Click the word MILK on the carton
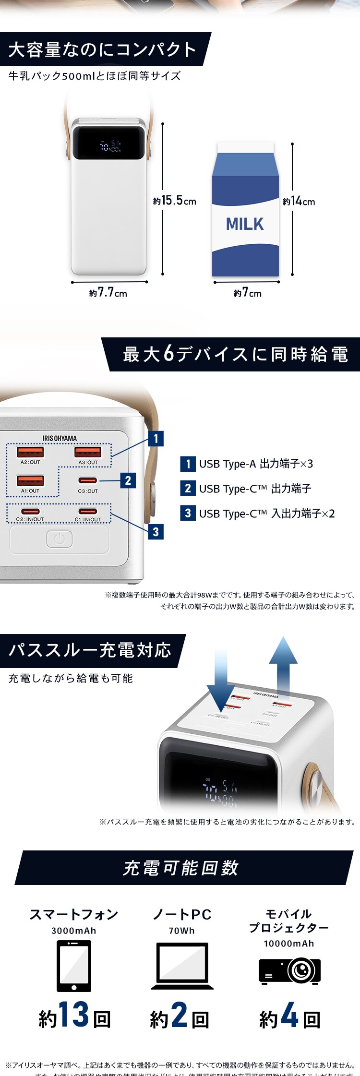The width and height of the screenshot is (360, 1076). [245, 224]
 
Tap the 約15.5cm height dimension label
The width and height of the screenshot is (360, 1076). [175, 201]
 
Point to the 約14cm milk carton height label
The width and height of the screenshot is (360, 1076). [299, 201]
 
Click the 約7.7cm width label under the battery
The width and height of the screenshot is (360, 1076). [108, 293]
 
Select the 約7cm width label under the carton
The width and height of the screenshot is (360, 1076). [248, 293]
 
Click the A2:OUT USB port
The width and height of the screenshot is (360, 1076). [30, 452]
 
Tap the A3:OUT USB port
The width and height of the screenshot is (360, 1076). [88, 452]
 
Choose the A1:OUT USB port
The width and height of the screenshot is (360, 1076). [30, 480]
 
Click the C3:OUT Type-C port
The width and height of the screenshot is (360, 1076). [88, 480]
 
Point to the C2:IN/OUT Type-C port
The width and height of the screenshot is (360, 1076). [30, 512]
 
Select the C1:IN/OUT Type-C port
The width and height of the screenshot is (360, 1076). [88, 512]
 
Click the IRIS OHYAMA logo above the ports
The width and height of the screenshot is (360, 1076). [60, 438]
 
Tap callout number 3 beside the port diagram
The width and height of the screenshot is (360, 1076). [156, 532]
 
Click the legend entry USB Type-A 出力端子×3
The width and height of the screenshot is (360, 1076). [247, 464]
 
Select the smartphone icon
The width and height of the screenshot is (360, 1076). [74, 966]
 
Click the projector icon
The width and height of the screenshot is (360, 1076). [289, 970]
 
